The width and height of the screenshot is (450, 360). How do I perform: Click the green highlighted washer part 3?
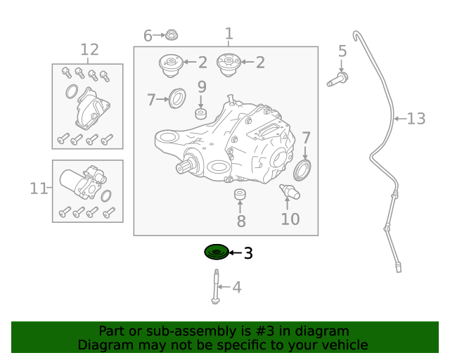[x=216, y=252]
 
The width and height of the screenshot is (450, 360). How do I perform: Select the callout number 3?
[x=247, y=253]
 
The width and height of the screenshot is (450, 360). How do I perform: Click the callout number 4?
[x=236, y=287]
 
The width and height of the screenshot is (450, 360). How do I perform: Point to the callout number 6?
[x=148, y=35]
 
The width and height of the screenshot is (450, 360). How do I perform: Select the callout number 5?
[x=342, y=51]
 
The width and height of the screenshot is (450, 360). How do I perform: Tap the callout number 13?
[x=416, y=119]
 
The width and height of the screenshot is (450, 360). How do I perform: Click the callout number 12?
[x=89, y=50]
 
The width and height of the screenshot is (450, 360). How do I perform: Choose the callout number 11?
[x=38, y=188]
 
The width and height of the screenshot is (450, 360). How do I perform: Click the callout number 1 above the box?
[x=229, y=33]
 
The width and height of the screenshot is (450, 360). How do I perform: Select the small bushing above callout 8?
[x=240, y=195]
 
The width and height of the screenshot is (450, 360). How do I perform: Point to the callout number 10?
[x=290, y=219]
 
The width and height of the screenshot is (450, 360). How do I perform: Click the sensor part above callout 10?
[x=289, y=191]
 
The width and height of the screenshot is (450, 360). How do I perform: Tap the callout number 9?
[x=201, y=87]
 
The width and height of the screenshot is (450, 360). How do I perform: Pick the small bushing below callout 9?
[x=201, y=114]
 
